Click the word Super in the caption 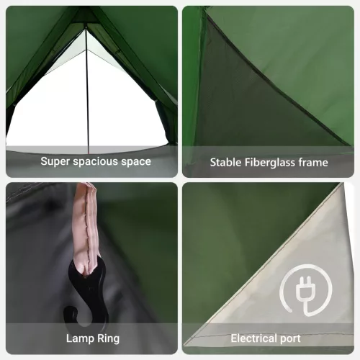[55, 161]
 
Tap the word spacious [97, 161]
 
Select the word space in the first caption [136, 161]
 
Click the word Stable [226, 162]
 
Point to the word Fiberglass [271, 162]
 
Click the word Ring [107, 338]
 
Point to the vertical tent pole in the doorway [86, 94]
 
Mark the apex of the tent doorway [86, 24]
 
